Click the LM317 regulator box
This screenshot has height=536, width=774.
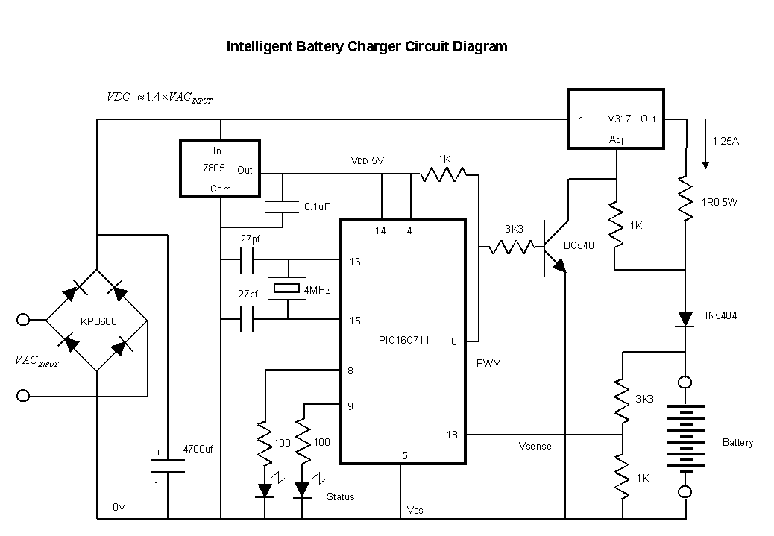tap(615, 118)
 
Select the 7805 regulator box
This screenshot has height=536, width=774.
tap(221, 168)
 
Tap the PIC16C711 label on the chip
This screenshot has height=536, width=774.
tap(403, 341)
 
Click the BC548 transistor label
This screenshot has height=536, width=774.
tap(578, 246)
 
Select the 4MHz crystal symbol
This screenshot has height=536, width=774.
tap(287, 289)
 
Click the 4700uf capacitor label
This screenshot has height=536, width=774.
tap(198, 450)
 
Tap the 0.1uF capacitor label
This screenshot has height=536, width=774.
tap(317, 206)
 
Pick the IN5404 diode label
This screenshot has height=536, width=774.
tap(721, 316)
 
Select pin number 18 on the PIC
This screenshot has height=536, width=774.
tap(452, 435)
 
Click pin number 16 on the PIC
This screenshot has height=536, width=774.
tap(355, 262)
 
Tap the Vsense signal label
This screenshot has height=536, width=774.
tap(535, 446)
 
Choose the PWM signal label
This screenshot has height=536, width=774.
tap(488, 363)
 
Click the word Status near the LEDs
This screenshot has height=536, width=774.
tap(340, 496)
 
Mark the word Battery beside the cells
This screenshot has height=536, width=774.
tap(737, 442)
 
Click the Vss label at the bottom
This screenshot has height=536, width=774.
tap(415, 510)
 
